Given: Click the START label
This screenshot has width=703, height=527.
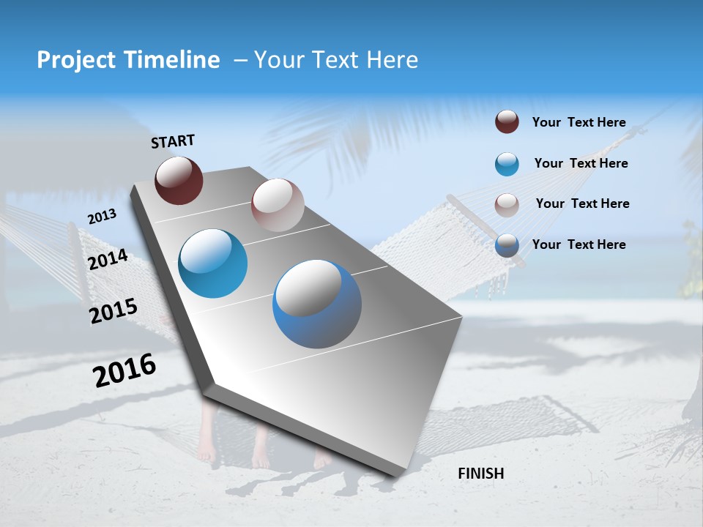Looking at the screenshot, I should [173, 141].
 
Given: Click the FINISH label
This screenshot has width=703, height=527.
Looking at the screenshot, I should [481, 474].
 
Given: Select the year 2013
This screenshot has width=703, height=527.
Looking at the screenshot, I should [102, 217].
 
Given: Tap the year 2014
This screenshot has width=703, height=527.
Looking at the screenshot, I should [108, 260].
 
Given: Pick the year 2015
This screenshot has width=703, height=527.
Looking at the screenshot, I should [113, 311].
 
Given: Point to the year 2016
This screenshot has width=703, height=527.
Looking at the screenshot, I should [124, 370].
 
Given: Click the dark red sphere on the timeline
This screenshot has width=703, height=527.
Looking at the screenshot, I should [179, 180].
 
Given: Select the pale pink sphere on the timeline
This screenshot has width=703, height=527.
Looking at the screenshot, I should [278, 205].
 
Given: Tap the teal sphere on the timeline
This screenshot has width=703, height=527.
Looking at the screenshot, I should [212, 263].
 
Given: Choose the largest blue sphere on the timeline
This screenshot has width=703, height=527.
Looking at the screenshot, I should [317, 304].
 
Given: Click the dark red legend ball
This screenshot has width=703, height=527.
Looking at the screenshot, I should [507, 122].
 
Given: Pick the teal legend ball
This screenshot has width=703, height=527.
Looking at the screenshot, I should [507, 164].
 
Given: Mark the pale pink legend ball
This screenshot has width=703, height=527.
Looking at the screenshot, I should [507, 204].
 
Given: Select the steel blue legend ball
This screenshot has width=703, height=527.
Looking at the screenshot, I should [507, 245].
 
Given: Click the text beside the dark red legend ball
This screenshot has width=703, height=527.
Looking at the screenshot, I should [579, 123].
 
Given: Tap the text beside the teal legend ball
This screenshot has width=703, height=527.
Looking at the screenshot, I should [581, 163].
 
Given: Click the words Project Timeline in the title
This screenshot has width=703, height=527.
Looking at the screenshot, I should [128, 60].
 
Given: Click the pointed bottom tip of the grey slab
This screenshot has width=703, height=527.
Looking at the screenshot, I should [395, 476].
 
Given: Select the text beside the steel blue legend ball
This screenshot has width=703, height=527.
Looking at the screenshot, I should [579, 244].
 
